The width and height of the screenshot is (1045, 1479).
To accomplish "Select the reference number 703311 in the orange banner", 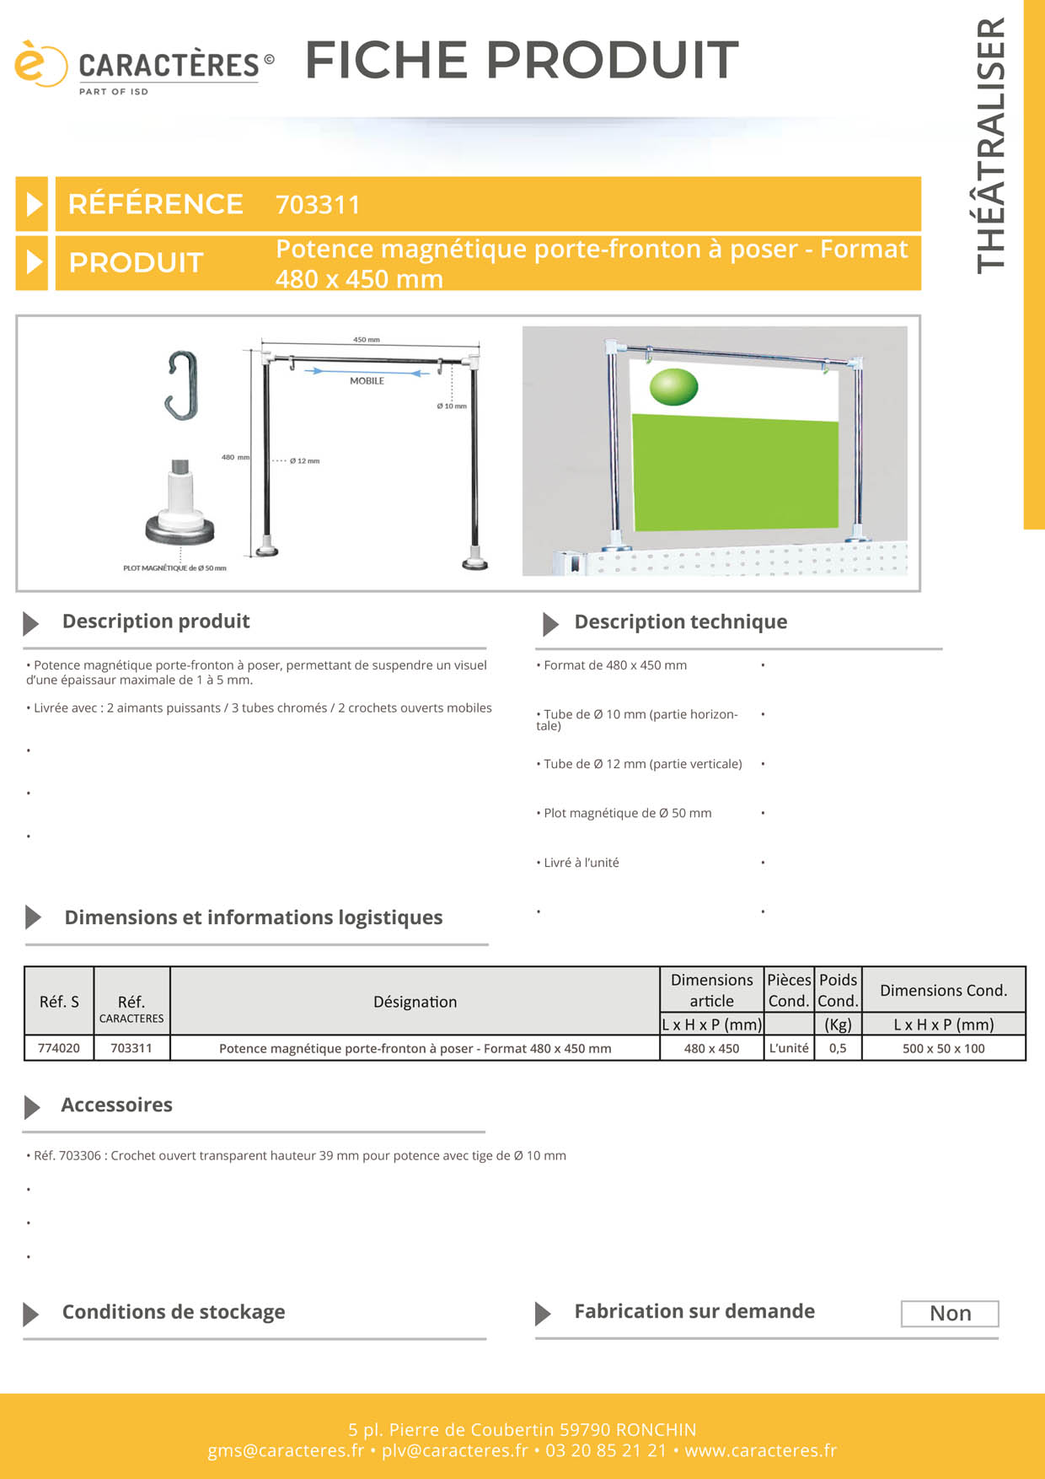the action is click(318, 205).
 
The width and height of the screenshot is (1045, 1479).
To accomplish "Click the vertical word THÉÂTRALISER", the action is click(991, 145).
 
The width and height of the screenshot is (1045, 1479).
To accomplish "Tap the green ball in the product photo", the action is click(674, 387).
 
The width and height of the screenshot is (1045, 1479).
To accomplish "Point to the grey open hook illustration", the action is click(181, 385).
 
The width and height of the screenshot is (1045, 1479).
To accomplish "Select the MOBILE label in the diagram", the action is click(367, 381).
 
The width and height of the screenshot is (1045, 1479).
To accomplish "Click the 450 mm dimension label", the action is click(367, 340).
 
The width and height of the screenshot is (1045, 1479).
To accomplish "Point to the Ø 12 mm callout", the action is click(304, 461).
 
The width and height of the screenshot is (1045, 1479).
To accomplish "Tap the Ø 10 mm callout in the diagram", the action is click(452, 406).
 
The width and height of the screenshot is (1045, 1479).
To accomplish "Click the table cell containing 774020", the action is click(59, 1048).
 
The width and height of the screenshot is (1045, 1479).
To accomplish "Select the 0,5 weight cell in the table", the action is click(838, 1048).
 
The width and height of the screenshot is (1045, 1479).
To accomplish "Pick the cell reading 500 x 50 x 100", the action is click(944, 1048).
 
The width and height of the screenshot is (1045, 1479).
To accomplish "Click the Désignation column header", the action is click(415, 1002).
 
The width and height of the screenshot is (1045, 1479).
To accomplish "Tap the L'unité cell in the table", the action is click(789, 1048).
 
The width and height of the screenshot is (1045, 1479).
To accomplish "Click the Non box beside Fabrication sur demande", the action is click(950, 1314).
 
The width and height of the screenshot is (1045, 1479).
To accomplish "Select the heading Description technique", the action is click(681, 622).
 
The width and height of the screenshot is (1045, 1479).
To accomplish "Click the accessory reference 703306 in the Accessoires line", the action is click(80, 1156).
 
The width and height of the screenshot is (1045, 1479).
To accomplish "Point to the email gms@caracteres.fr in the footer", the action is click(286, 1451).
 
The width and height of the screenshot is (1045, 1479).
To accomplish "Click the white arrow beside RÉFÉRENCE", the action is click(34, 204).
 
